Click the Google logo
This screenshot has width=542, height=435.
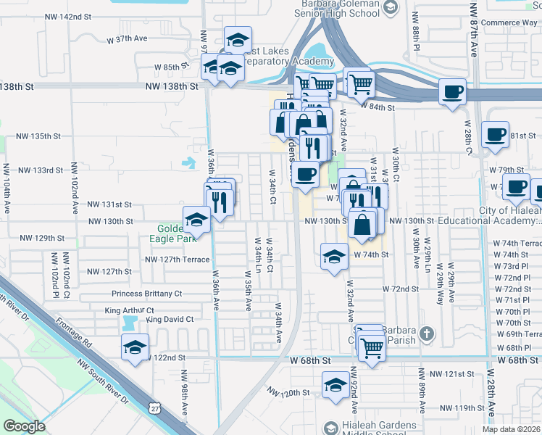(25, 426)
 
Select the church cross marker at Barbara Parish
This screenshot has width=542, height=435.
(428, 334)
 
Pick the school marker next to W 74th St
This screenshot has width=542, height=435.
(333, 257)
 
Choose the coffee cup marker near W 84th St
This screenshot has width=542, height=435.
(452, 92)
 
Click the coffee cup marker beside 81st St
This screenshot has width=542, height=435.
(496, 135)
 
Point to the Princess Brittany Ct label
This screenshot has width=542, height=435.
(146, 294)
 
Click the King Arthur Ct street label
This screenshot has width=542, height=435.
(129, 310)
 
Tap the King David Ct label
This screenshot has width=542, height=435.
(170, 319)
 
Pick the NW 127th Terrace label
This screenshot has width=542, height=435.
(178, 259)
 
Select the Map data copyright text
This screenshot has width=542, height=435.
(511, 429)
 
